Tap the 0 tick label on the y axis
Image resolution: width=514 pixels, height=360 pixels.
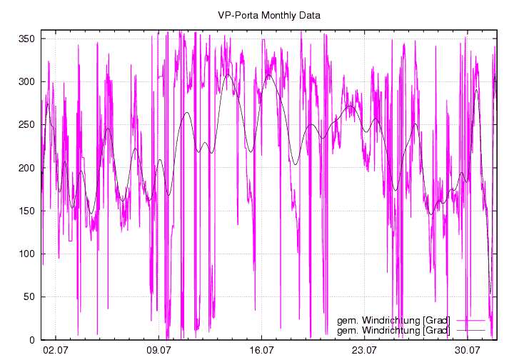point(32,340)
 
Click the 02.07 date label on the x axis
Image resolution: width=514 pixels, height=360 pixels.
point(55,350)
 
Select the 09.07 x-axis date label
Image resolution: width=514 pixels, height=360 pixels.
point(158,350)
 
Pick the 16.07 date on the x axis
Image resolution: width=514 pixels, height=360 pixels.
point(262,350)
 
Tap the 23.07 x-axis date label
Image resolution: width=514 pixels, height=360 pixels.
point(365,350)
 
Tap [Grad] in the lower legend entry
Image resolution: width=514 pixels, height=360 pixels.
point(438,331)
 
